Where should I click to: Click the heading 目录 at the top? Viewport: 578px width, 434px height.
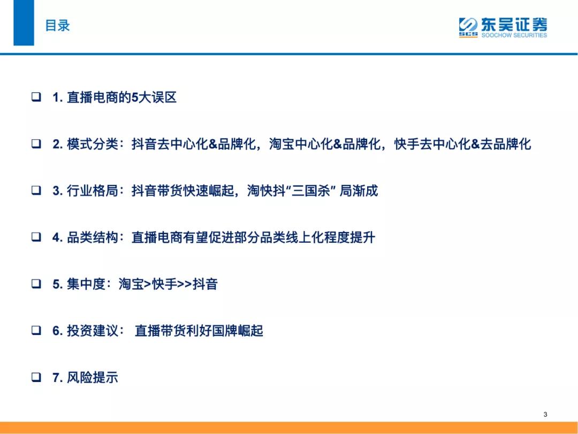pyautogui.click(x=57, y=26)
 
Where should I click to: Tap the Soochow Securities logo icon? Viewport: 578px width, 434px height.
pyautogui.click(x=468, y=27)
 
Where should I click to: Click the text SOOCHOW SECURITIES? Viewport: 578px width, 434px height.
pyautogui.click(x=514, y=35)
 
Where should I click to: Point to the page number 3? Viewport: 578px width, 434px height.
pyautogui.click(x=545, y=414)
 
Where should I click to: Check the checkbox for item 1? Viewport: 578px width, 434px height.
pyautogui.click(x=36, y=97)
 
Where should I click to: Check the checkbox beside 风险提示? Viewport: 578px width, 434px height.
pyautogui.click(x=36, y=377)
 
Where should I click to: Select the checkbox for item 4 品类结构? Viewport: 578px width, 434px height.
pyautogui.click(x=36, y=237)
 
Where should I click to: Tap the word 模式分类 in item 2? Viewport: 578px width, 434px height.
pyautogui.click(x=92, y=144)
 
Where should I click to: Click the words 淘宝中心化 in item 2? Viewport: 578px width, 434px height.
pyautogui.click(x=301, y=144)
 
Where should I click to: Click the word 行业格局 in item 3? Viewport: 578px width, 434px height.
pyautogui.click(x=92, y=191)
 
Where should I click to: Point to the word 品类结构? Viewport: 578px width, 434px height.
pyautogui.click(x=92, y=237)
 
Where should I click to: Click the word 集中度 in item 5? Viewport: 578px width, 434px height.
pyautogui.click(x=86, y=284)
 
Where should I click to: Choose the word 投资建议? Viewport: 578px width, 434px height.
pyautogui.click(x=92, y=331)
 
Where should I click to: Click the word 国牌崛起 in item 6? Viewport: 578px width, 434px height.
pyautogui.click(x=238, y=331)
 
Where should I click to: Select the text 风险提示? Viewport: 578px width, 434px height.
pyautogui.click(x=92, y=378)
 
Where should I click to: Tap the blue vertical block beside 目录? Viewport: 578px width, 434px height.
pyautogui.click(x=24, y=23)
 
